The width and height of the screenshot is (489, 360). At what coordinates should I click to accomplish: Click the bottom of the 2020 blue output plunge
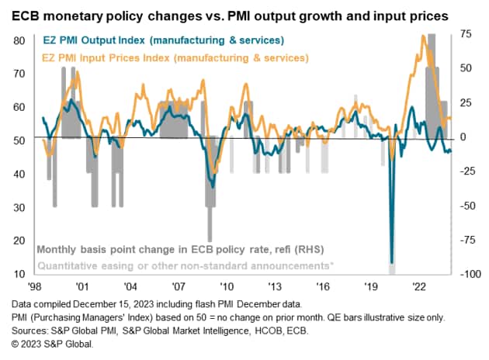(392, 263)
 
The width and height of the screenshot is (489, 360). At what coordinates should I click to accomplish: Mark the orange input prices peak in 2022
(422, 36)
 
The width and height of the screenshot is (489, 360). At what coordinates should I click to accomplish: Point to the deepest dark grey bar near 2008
(210, 239)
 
